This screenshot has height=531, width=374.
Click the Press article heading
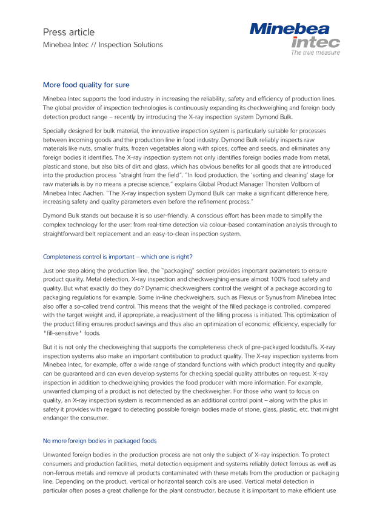(x=68, y=32)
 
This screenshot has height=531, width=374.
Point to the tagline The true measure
(x=315, y=53)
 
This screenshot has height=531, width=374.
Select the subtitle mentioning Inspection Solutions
(x=102, y=45)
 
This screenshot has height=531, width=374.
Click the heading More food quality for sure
(x=85, y=85)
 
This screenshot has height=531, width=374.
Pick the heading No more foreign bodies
(x=99, y=441)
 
